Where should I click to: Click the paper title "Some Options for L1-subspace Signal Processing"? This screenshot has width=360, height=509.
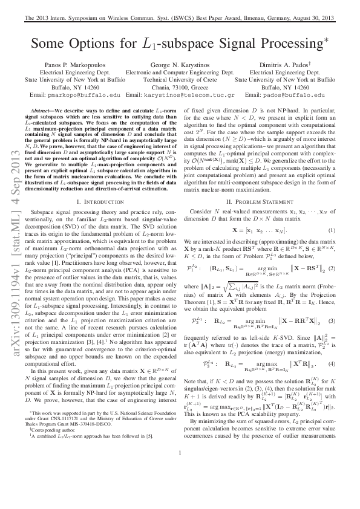[180, 43]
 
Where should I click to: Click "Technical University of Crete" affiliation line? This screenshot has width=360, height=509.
[180, 79]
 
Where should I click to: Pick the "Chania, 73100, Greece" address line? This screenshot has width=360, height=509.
[180, 86]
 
